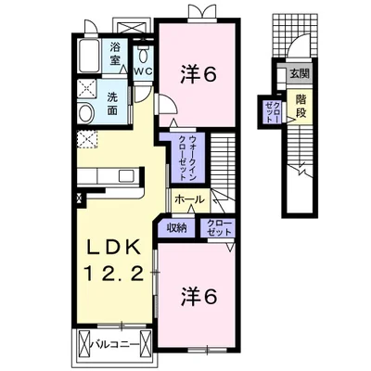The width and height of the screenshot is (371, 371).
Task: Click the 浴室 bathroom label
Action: [115, 54]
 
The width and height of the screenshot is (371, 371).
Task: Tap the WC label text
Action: [143, 71]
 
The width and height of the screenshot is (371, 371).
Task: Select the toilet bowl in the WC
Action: [143, 55]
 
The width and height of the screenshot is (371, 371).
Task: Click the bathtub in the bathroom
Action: [89, 55]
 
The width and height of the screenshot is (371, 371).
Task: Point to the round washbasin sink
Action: [86, 113]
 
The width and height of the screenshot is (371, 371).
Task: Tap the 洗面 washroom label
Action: [112, 104]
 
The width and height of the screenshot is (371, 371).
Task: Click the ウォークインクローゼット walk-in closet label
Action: [187, 158]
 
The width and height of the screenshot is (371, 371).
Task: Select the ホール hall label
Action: [189, 199]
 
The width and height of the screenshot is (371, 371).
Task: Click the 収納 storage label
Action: [176, 228]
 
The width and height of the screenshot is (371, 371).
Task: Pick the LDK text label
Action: [113, 247]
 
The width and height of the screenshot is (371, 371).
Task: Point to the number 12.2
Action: [114, 274]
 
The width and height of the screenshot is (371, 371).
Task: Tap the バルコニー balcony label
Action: [115, 343]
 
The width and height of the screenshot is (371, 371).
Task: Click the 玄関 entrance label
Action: [299, 73]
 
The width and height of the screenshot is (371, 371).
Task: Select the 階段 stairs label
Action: [301, 106]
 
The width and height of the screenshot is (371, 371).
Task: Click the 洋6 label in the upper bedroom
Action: [198, 74]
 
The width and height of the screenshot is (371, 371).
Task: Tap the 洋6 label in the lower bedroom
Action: [198, 297]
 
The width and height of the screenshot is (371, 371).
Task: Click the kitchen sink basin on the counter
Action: [126, 175]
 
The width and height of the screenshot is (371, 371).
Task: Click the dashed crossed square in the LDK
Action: [87, 140]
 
